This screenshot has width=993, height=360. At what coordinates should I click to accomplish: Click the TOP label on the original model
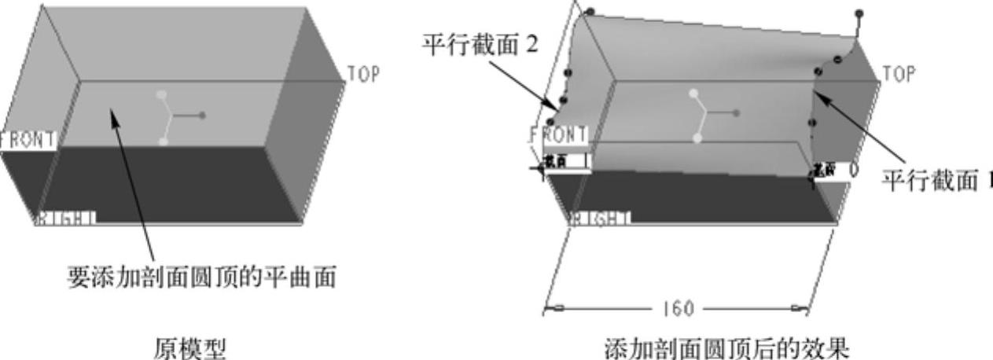[364, 74]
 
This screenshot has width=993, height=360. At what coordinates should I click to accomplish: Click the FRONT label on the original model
[28, 141]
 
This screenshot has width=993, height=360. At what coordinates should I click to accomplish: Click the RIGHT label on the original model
[66, 218]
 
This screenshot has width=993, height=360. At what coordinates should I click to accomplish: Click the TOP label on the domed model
[899, 74]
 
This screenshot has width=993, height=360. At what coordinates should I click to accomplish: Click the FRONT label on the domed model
[559, 135]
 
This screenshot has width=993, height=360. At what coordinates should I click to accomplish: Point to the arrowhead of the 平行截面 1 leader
[818, 95]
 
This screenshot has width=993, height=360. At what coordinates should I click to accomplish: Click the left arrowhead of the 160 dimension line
[549, 308]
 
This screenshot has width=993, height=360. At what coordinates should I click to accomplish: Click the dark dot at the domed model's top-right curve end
[859, 14]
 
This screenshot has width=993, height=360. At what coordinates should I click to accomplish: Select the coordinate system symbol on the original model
[174, 117]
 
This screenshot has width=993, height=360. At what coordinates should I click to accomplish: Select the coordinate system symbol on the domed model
[707, 115]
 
